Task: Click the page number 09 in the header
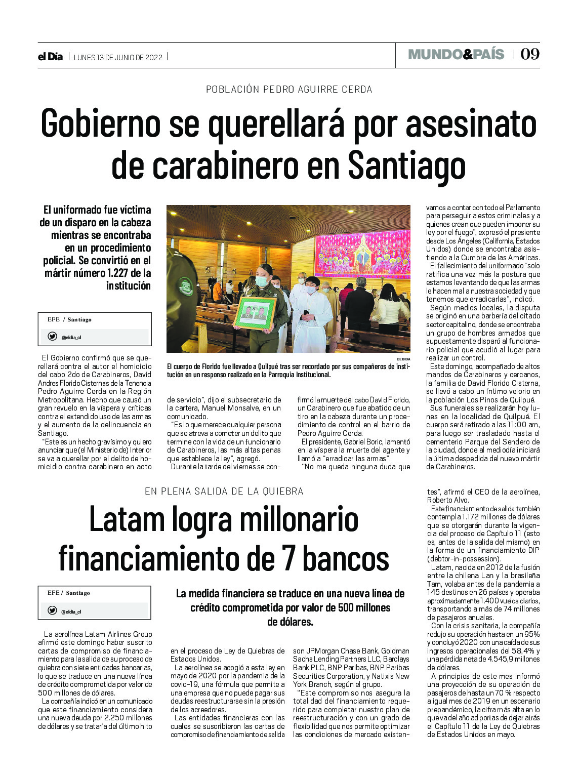pos(530,54)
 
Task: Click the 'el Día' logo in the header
pos(50,57)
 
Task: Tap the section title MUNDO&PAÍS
pos(456,54)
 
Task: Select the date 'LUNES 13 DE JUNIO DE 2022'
pos(118,58)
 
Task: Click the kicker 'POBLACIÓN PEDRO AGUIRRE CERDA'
pos(289,90)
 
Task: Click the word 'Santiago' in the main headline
pos(406,165)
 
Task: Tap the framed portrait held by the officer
pos(255,313)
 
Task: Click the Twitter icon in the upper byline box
pos(52,337)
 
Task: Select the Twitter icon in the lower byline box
pos(52,610)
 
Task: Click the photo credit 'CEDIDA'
pos(403,359)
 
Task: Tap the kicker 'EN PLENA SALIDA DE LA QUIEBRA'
pos(224,492)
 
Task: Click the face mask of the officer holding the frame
pos(261,281)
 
